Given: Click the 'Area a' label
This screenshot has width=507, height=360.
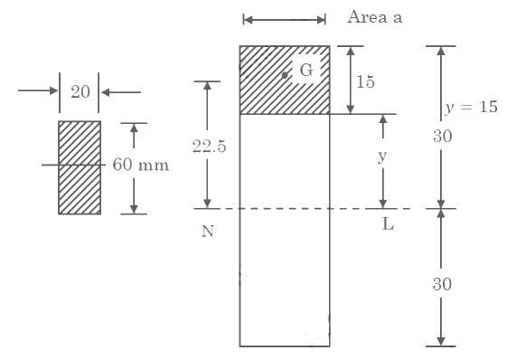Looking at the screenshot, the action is pos(375,17).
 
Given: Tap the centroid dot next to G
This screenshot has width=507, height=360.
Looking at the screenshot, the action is pos(285,75).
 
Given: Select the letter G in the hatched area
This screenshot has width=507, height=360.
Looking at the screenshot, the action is pos(306,70).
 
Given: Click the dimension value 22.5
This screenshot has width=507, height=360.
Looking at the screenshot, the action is pos(209,146).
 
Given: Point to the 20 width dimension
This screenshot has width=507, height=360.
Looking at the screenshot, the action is pos(80,92).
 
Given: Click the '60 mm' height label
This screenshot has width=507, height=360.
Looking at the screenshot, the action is pos(141,165).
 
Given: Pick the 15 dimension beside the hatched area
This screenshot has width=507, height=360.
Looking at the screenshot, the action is pos(365,81).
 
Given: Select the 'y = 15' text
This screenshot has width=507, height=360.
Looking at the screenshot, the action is pos(471,108).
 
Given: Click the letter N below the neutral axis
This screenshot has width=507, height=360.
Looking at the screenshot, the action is pos(208,232).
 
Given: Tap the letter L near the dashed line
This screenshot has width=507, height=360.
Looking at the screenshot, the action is pos(388,224).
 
